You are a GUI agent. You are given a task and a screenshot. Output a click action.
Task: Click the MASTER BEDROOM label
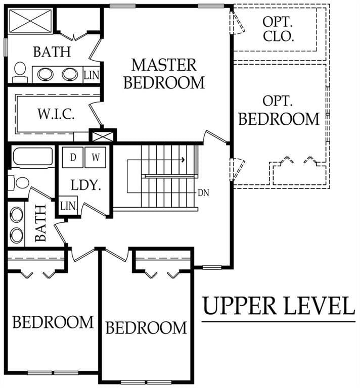[164, 74]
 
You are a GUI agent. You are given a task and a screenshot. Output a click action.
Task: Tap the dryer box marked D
[72, 158]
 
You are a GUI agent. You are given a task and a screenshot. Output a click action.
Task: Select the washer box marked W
[96, 158]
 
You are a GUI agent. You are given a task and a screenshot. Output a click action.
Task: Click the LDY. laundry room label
[86, 185]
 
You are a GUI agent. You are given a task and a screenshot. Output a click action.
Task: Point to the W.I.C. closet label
[56, 114]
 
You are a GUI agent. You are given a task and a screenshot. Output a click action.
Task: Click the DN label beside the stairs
[204, 193]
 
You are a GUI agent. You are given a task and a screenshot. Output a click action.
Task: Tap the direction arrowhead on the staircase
[183, 160]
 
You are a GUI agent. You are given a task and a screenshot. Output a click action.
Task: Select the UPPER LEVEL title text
[279, 306]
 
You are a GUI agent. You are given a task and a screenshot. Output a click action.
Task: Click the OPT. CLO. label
[278, 29]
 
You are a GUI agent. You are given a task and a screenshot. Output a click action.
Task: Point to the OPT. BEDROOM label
[279, 111]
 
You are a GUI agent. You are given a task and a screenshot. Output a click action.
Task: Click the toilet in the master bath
[20, 72]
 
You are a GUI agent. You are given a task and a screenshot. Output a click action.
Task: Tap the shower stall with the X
[30, 21]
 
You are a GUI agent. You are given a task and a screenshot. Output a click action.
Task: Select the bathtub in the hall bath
[33, 157]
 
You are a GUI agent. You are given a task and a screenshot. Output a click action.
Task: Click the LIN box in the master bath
[92, 75]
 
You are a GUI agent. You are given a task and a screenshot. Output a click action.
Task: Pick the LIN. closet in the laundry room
[68, 206]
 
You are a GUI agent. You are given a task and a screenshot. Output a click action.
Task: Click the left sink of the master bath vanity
[45, 74]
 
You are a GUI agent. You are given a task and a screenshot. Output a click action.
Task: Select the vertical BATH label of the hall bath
[41, 223]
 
